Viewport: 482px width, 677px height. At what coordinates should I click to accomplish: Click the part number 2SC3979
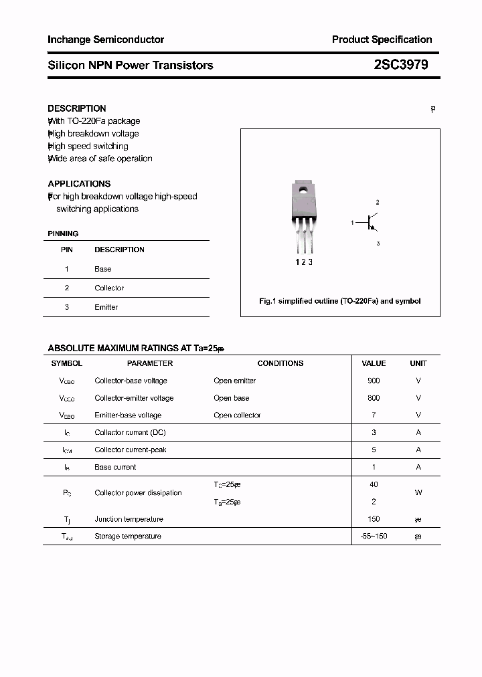[x=401, y=65]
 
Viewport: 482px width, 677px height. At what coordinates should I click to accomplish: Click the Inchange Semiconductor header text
[x=106, y=39]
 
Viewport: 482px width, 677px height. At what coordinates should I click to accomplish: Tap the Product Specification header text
[x=382, y=39]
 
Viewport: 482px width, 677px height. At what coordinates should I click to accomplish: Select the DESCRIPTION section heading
[x=77, y=108]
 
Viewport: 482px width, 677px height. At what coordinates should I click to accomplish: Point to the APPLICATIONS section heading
[x=79, y=183]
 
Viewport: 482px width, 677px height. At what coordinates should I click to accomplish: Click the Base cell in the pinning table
[x=103, y=269]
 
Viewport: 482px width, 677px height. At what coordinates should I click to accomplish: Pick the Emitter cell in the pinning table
[x=106, y=307]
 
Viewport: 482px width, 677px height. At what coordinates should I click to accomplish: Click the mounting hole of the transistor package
[x=303, y=189]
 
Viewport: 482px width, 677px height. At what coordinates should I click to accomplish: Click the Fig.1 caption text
[x=340, y=301]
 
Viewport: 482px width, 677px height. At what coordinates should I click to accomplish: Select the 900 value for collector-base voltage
[x=374, y=381]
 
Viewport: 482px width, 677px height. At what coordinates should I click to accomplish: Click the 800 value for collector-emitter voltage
[x=374, y=398]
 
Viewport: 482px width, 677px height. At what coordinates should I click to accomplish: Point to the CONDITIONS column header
[x=280, y=363]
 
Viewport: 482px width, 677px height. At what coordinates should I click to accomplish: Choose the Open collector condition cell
[x=237, y=415]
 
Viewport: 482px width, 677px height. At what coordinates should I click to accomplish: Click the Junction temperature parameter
[x=129, y=519]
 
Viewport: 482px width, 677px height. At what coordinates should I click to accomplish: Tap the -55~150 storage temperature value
[x=374, y=537]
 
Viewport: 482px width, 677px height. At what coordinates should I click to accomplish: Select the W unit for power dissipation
[x=418, y=493]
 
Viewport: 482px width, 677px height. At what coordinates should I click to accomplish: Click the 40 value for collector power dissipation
[x=374, y=484]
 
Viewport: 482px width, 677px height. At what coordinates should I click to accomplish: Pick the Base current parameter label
[x=115, y=467]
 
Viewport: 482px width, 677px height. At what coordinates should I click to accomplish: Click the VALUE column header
[x=374, y=363]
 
